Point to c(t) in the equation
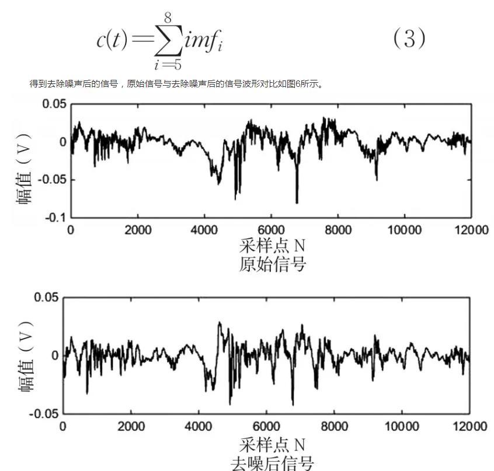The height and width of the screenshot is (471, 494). [x=112, y=40]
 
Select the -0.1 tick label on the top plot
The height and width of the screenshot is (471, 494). [x=54, y=217]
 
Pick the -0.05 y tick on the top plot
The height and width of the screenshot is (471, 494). [x=51, y=180]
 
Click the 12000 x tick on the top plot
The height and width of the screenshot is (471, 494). [x=471, y=229]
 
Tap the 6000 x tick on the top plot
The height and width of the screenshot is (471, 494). [x=271, y=229]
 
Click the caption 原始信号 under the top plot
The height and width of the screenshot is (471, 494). [x=272, y=264]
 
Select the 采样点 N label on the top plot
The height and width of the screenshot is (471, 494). [x=272, y=245]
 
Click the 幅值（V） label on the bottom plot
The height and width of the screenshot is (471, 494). [x=26, y=356]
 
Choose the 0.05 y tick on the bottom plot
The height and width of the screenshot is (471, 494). [x=46, y=298]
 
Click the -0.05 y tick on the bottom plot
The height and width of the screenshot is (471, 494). [x=44, y=413]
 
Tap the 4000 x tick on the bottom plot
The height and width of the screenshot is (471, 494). [x=199, y=426]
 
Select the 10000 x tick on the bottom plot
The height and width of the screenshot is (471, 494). [x=402, y=426]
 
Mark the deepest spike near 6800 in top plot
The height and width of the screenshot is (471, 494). [x=297, y=202]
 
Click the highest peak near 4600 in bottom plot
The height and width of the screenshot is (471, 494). [x=219, y=322]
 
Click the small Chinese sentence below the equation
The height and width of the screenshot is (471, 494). [x=176, y=84]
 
